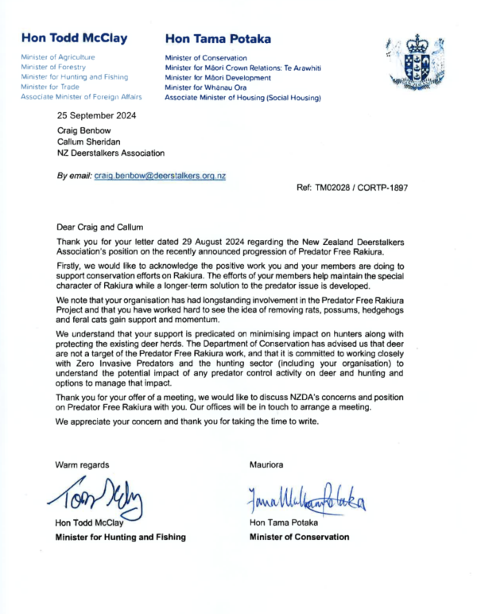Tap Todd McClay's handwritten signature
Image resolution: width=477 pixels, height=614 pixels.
[102, 498]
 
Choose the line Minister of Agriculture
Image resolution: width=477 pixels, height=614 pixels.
[59, 58]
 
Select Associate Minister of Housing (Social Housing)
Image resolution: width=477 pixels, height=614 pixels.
[242, 97]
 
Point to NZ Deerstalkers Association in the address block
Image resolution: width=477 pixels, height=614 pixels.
[111, 153]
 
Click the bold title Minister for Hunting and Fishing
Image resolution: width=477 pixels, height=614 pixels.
[120, 537]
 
